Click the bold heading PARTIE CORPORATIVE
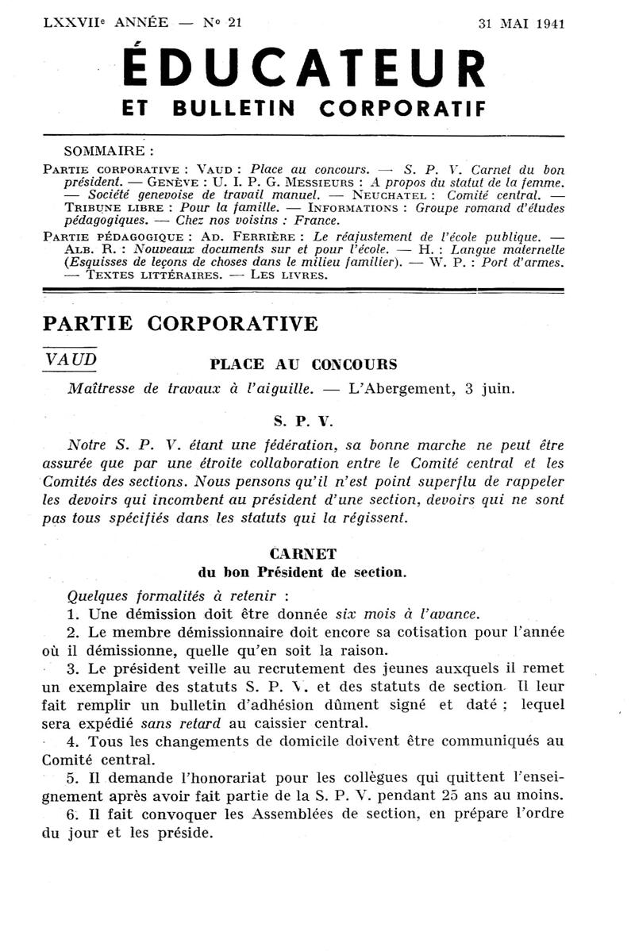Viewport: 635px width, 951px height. coord(180,324)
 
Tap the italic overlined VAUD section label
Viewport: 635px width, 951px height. coord(71,360)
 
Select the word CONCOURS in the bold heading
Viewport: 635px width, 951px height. coord(354,364)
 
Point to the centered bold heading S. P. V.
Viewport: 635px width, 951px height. coord(305,415)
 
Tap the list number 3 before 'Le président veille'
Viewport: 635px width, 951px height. coord(72,668)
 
